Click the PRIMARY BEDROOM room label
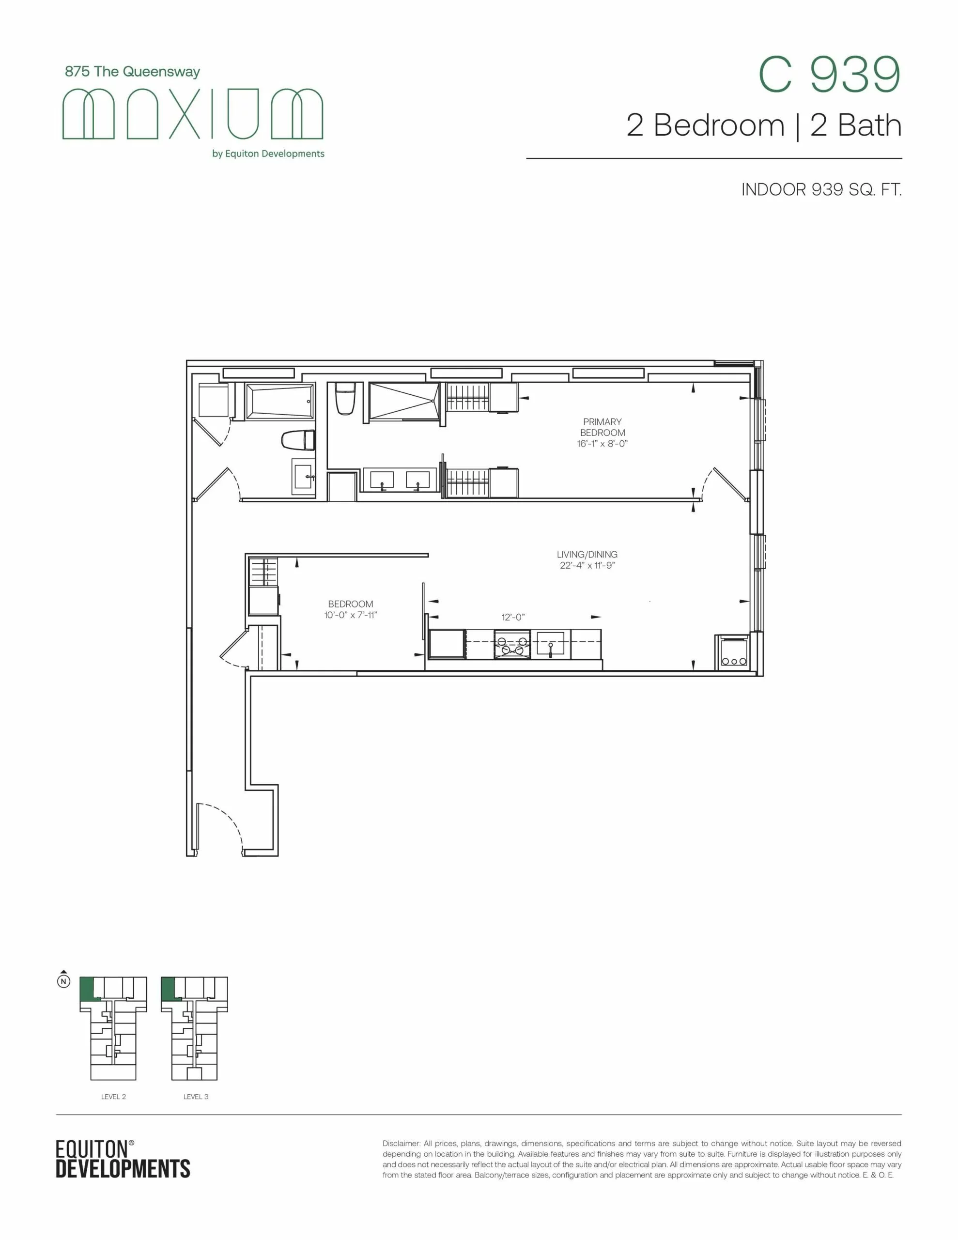[x=602, y=427]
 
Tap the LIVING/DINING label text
[x=587, y=554]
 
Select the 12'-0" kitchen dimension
[x=513, y=617]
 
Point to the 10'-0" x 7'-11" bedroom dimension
[x=350, y=615]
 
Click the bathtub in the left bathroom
[x=279, y=402]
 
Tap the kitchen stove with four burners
[x=512, y=644]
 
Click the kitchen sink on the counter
[x=550, y=644]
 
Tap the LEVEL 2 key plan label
[x=113, y=1096]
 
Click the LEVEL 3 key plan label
[x=196, y=1096]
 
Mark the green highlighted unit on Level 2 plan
[x=86, y=989]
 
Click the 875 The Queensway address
[x=132, y=72]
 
